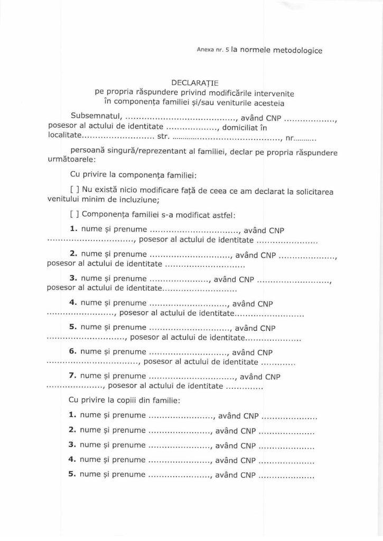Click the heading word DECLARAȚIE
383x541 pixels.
click(x=191, y=83)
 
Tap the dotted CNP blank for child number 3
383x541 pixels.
click(x=287, y=445)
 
